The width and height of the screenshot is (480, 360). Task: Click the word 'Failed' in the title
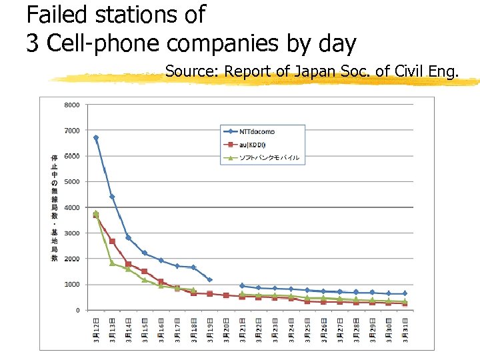(57, 13)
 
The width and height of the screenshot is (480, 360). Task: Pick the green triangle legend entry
(260, 158)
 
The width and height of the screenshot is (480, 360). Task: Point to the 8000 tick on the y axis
(72, 105)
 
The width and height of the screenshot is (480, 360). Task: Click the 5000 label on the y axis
(72, 181)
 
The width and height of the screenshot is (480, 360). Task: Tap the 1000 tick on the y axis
(72, 285)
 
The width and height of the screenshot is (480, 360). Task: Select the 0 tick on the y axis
(77, 310)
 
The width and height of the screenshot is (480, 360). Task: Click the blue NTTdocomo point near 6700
(96, 138)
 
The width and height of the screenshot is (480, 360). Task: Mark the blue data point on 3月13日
(112, 197)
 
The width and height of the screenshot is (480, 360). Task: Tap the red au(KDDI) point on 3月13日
(112, 241)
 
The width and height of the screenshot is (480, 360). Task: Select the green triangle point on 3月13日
(112, 263)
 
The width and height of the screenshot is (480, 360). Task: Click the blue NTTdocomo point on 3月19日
(209, 280)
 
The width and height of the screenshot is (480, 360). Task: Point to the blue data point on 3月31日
(405, 293)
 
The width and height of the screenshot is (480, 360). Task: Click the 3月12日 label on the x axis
(96, 331)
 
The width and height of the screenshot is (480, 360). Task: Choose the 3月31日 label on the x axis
(405, 331)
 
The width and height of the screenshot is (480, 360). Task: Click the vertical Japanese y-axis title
(55, 207)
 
